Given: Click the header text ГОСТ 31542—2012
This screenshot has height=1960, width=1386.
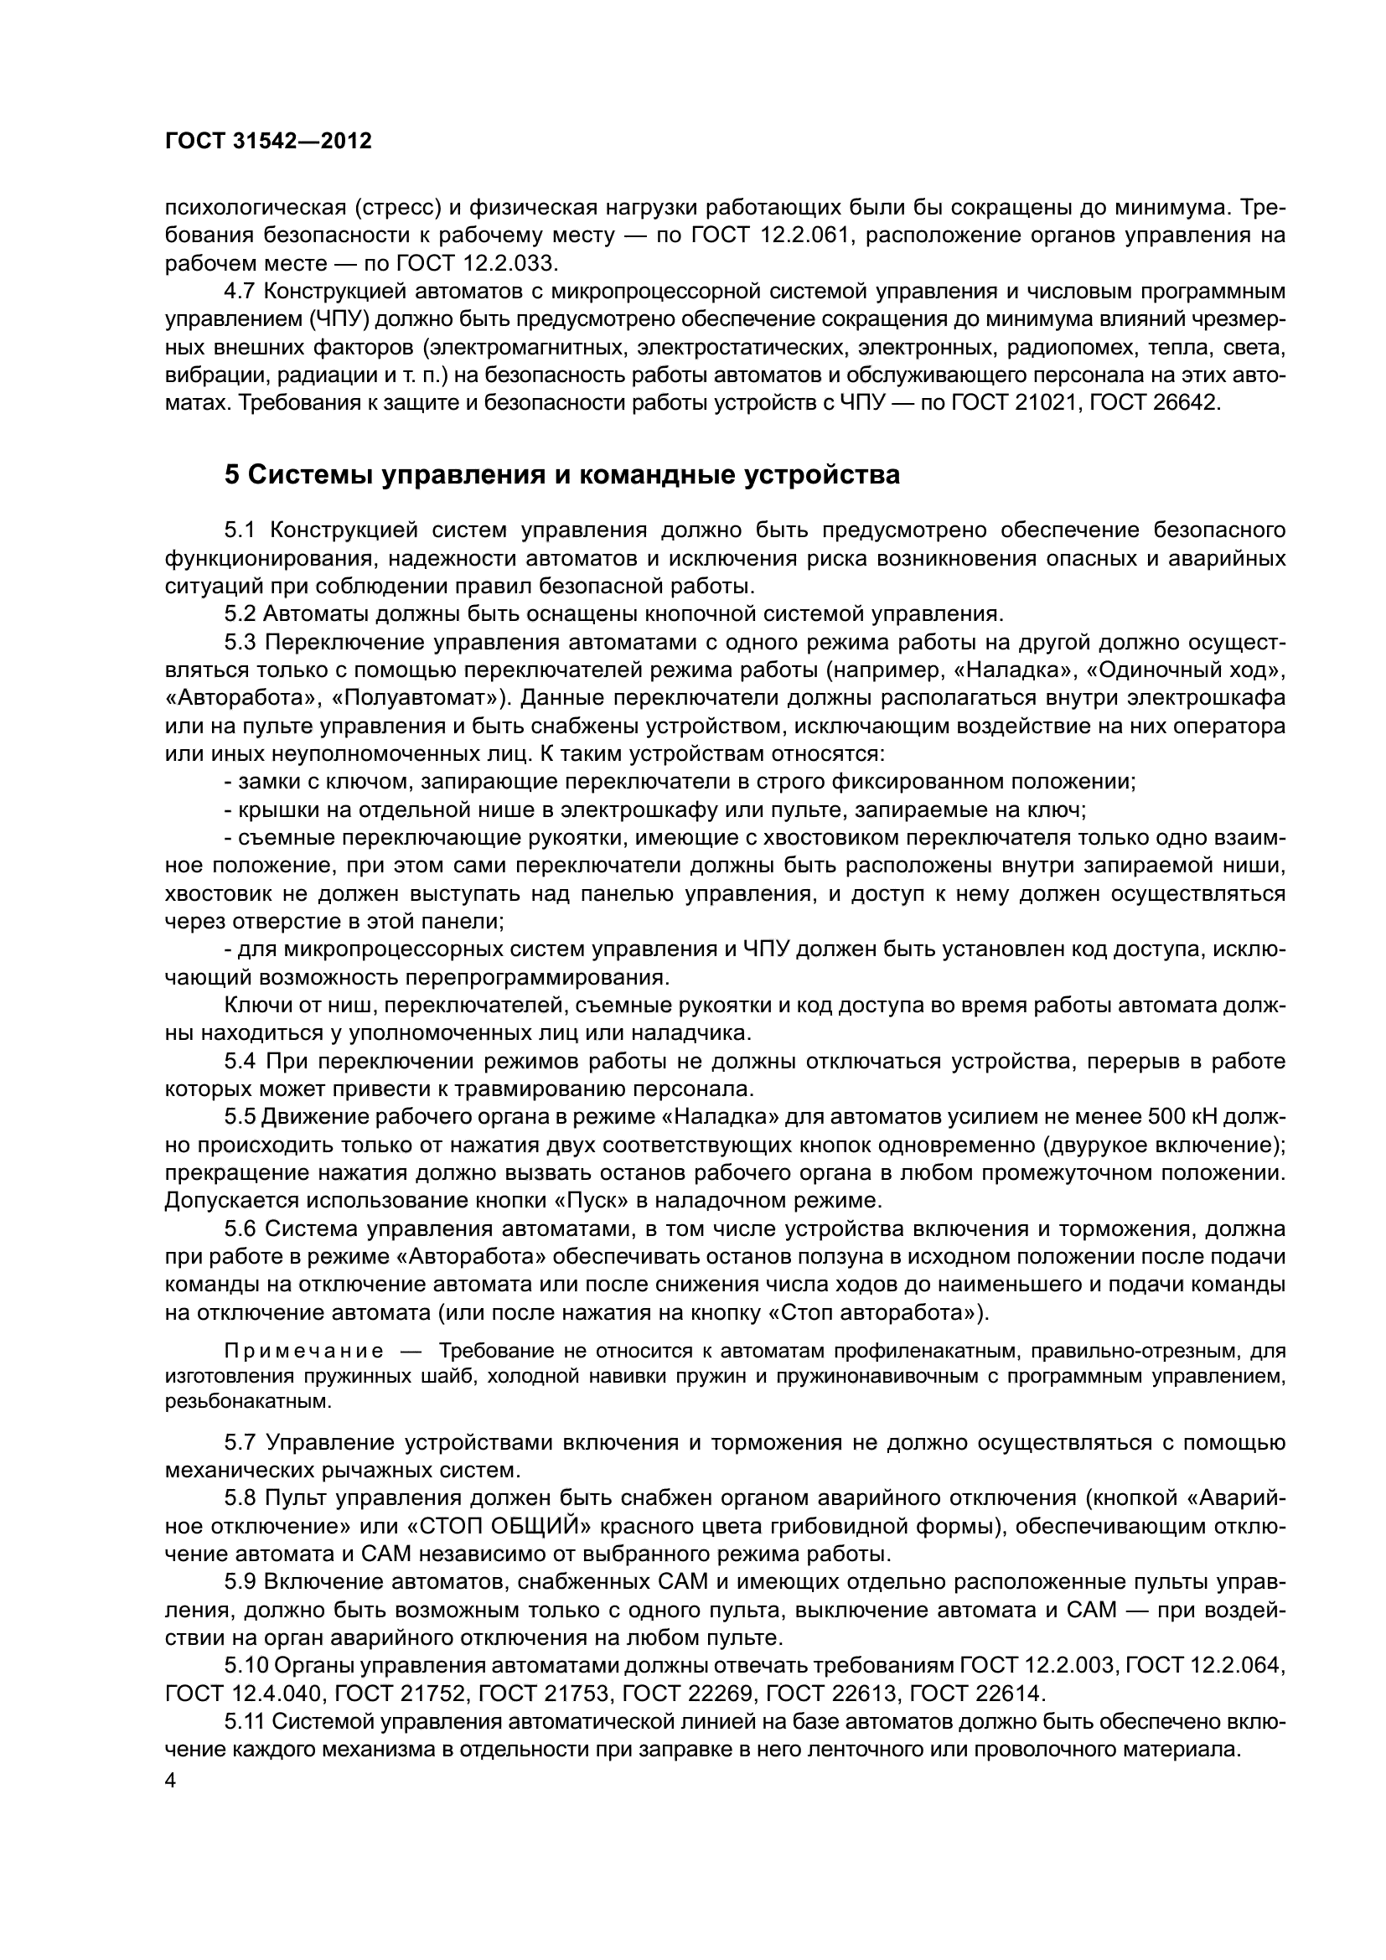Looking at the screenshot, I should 268,142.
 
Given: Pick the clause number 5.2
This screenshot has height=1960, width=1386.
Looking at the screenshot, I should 240,613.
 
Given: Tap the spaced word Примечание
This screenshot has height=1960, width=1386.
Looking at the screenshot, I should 303,1352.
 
